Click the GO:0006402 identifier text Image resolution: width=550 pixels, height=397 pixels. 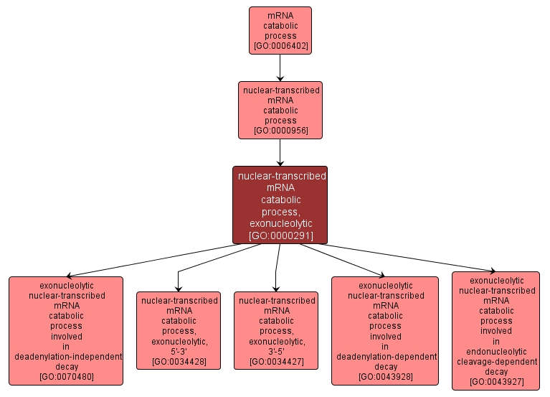[280, 47]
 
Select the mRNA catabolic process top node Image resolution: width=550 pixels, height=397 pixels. [280, 31]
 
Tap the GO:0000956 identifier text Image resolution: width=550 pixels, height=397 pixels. [280, 131]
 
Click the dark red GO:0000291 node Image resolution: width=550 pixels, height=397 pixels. [280, 205]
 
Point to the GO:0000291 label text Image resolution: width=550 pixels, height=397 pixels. [280, 235]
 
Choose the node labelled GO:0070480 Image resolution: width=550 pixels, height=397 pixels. [66, 331]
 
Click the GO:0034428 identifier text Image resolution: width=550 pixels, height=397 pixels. [179, 361]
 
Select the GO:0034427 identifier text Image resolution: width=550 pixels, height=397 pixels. [276, 361]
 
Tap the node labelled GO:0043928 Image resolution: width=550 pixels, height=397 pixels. [385, 331]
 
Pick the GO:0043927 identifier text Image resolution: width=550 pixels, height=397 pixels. [496, 382]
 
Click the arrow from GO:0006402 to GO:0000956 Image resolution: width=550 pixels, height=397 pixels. [280, 67]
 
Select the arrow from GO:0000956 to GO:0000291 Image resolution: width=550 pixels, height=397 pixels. [280, 152]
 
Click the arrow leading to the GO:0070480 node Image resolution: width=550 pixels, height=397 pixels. [158, 260]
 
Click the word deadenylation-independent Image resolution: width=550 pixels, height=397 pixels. [66, 356]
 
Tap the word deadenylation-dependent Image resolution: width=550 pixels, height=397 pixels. [385, 356]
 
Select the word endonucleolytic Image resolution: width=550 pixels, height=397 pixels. [496, 351]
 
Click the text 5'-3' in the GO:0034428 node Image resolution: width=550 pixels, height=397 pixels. [179, 351]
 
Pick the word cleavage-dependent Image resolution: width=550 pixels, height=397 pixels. [496, 361]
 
